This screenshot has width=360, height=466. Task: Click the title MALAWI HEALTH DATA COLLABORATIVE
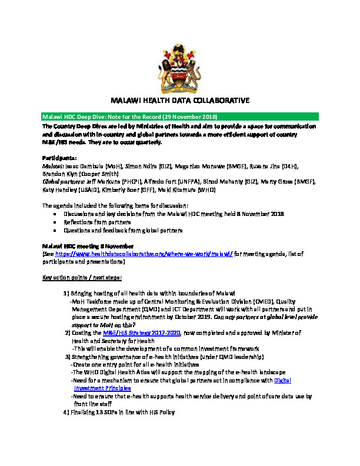click(x=180, y=101)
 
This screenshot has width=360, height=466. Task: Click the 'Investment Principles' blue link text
click(x=102, y=388)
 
